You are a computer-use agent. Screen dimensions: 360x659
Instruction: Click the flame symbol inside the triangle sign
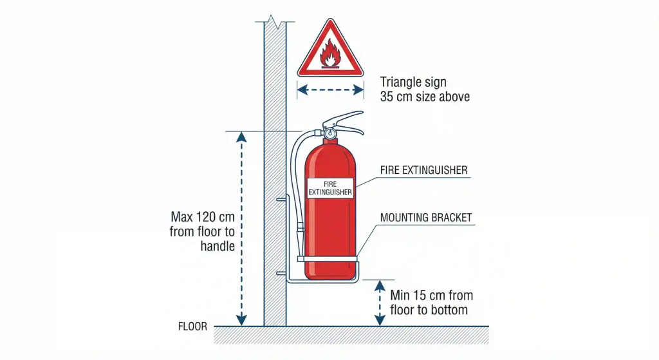pos(330,53)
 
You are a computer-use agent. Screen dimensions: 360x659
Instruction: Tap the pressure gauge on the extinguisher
pos(330,133)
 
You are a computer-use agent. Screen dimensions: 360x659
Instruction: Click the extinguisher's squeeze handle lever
pos(345,118)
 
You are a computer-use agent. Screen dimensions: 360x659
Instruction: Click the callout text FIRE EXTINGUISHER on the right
pos(423,171)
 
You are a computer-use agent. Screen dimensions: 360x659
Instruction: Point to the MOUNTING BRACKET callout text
pos(426,218)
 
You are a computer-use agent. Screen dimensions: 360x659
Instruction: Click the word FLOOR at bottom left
pos(192,327)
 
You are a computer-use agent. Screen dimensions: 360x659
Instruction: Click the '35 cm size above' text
pos(425,97)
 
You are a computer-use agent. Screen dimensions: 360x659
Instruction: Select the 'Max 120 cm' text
pos(203,217)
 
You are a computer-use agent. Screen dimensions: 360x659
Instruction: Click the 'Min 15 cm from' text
pos(432,296)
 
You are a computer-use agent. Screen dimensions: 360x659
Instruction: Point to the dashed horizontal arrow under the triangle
pos(330,91)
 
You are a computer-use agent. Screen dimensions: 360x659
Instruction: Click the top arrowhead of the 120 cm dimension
pos(241,137)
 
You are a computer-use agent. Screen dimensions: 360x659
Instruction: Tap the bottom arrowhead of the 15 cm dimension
pos(380,320)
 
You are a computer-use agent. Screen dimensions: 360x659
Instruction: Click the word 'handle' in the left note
pos(217,246)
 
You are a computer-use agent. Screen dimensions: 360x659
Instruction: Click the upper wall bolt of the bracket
pos(281,200)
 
